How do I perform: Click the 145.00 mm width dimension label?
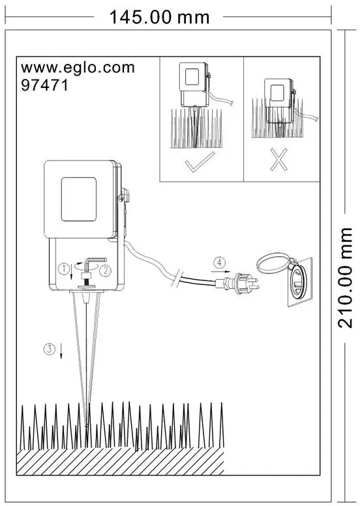pyautogui.click(x=160, y=17)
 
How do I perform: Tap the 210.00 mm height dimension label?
pyautogui.click(x=345, y=278)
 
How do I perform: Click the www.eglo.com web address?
pyautogui.click(x=78, y=68)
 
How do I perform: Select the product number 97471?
pyautogui.click(x=44, y=85)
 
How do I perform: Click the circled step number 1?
pyautogui.click(x=64, y=269)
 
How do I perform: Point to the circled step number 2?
pyautogui.click(x=105, y=271)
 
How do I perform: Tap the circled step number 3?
pyautogui.click(x=50, y=349)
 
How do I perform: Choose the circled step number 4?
pyautogui.click(x=220, y=263)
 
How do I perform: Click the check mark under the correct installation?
pyautogui.click(x=200, y=162)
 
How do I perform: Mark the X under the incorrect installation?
pyautogui.click(x=278, y=159)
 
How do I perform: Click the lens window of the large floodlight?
pyautogui.click(x=79, y=199)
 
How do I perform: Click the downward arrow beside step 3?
pyautogui.click(x=61, y=351)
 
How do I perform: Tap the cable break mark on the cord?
pyautogui.click(x=177, y=278)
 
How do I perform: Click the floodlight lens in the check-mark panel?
pyautogui.click(x=192, y=77)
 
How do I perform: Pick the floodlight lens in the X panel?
pyautogui.click(x=277, y=93)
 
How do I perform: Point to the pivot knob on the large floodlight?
pyautogui.click(x=124, y=195)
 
